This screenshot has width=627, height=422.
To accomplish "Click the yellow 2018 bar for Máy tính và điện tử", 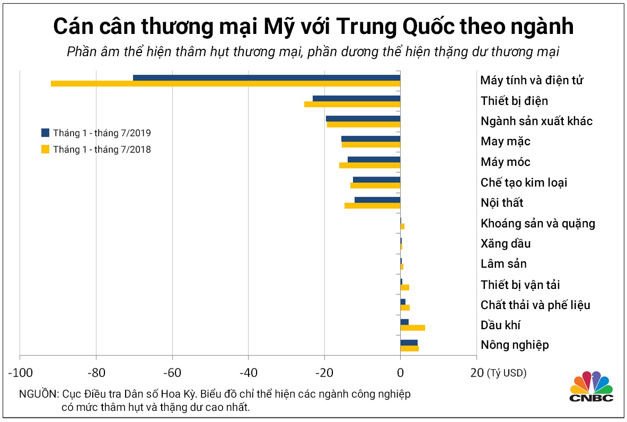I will click(225, 84).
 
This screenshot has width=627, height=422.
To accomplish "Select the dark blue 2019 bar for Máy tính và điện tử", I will click(267, 77).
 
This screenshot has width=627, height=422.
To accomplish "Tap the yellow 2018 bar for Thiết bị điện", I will click(352, 104).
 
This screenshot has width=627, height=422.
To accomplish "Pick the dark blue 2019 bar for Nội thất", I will click(377, 200).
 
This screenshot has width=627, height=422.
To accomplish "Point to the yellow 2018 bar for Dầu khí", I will click(412, 328).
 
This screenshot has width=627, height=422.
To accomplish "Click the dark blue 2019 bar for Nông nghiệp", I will click(409, 342).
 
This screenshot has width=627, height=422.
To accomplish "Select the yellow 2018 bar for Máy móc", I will click(369, 165).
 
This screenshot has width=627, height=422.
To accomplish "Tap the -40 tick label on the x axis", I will click(248, 373).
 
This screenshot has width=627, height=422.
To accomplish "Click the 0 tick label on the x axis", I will click(400, 373).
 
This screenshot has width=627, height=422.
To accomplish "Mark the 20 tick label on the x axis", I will click(476, 373).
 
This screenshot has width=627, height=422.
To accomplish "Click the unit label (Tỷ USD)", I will click(507, 373).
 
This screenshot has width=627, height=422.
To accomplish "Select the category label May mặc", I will click(505, 142).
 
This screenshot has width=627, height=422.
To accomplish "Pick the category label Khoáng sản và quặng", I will click(537, 223).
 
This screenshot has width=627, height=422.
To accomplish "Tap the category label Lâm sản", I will click(504, 264).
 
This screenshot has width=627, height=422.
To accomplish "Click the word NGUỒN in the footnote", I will click(38, 394).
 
